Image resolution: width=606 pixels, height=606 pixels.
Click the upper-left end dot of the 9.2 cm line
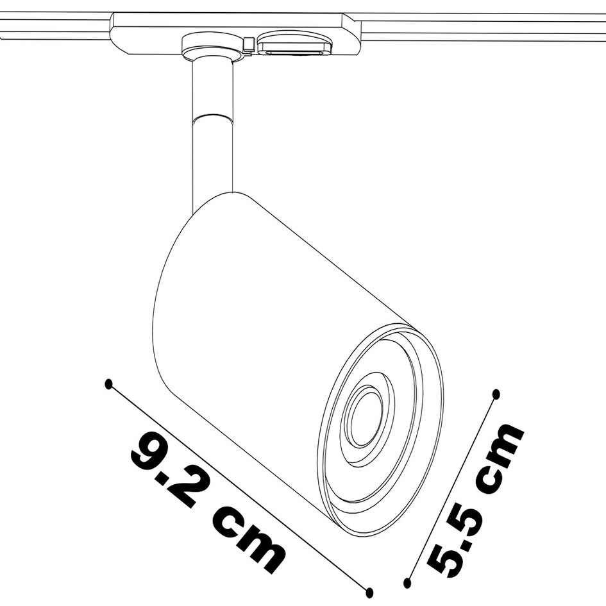point(108,383)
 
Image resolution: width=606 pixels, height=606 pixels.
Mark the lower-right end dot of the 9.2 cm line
point(369,593)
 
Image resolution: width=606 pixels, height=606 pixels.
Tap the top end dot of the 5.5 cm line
point(495,393)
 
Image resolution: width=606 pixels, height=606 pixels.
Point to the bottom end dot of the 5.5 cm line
point(407,583)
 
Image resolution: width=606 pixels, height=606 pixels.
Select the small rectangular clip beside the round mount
point(249,44)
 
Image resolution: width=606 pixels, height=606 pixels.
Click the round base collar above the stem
point(212,47)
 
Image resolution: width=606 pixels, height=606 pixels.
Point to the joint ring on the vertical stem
point(212,119)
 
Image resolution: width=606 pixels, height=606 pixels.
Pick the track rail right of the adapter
point(481,29)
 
